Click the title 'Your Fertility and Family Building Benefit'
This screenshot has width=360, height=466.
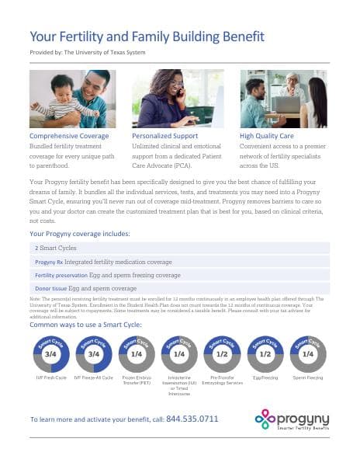pyautogui.click(x=147, y=37)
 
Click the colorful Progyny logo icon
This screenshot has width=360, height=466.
pyautogui.click(x=265, y=419)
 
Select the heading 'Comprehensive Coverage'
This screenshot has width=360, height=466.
pyautogui.click(x=68, y=135)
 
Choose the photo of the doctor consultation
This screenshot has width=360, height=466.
pyautogui.click(x=283, y=99)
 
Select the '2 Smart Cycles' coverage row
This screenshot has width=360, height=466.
pyautogui.click(x=53, y=247)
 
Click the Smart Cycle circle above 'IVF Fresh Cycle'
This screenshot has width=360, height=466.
pyautogui.click(x=50, y=353)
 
